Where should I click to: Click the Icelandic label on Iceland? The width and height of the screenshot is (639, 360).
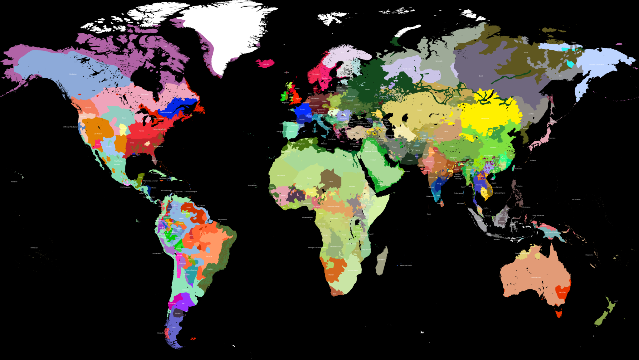266,64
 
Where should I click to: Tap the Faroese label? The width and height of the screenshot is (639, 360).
286,73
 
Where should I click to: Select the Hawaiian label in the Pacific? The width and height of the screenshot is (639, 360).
14,182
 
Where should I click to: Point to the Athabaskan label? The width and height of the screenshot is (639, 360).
73,74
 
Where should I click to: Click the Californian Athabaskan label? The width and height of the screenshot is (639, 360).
70,127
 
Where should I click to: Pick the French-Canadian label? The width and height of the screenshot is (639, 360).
166,112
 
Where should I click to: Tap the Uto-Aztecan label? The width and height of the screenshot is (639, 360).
98,134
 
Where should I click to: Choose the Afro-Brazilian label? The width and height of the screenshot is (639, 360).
222,220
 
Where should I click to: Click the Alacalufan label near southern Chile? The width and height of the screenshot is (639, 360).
161,333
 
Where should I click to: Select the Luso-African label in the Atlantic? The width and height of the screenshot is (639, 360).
252,185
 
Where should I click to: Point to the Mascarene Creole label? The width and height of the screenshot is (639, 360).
406,265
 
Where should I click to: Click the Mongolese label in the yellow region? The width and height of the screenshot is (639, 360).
485,119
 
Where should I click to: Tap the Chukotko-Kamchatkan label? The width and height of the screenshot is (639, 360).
596,65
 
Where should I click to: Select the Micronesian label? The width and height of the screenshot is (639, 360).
576,199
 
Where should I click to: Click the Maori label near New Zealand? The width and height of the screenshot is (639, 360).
616,301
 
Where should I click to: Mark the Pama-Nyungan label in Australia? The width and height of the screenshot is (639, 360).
536,277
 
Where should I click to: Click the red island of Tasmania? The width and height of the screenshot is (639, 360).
559,313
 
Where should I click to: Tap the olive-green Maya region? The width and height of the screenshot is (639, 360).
140,178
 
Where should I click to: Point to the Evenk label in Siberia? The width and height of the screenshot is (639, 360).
481,76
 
